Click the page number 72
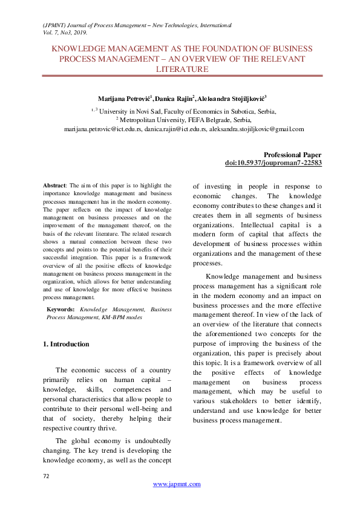click(x=46, y=476)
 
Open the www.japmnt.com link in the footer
click(x=177, y=484)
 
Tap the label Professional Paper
click(x=293, y=155)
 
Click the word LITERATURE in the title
click(x=182, y=70)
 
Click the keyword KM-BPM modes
click(x=126, y=317)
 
